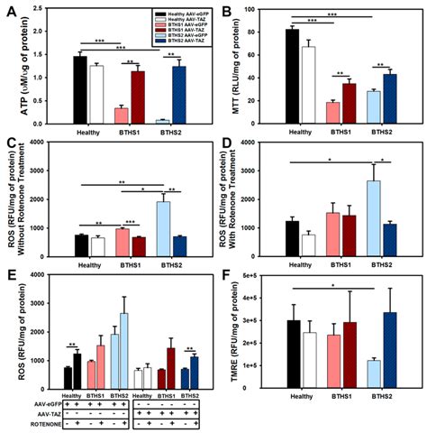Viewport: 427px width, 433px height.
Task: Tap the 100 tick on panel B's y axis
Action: click(268, 13)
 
